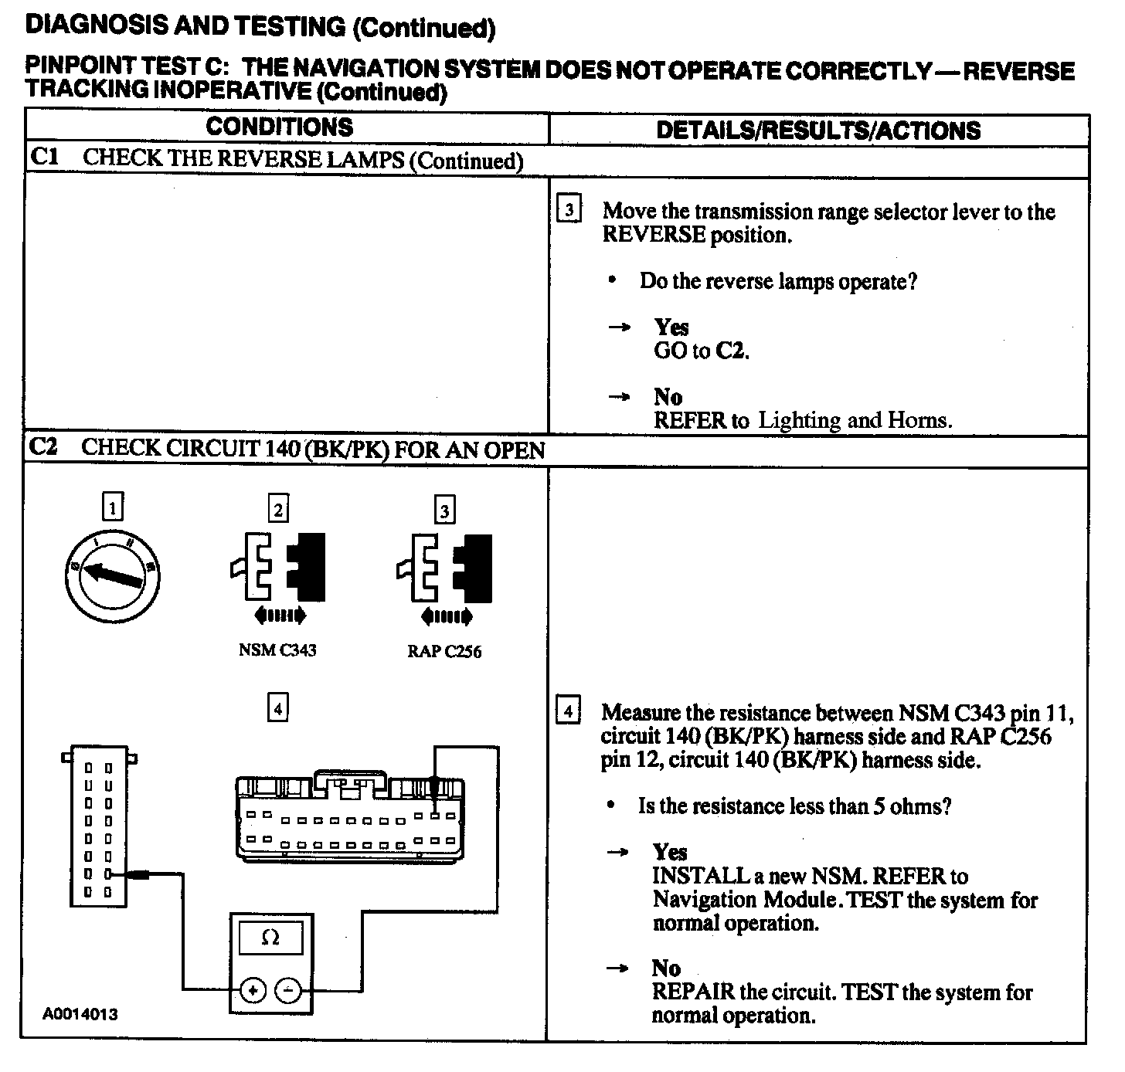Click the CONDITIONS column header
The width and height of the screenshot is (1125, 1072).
click(x=279, y=127)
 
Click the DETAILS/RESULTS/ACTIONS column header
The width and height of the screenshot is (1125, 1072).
click(x=817, y=130)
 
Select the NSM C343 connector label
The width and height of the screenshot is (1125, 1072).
click(x=277, y=650)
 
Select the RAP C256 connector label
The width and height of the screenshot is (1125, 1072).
click(x=444, y=652)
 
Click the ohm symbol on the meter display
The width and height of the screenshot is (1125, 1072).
click(x=270, y=938)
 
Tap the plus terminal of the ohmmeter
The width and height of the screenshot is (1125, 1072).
click(x=253, y=989)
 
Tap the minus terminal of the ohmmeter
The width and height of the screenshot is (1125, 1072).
click(x=288, y=989)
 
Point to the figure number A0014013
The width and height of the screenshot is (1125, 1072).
click(x=80, y=1014)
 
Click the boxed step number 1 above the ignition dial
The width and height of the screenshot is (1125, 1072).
click(x=113, y=507)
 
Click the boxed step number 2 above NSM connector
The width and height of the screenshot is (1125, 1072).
click(x=278, y=509)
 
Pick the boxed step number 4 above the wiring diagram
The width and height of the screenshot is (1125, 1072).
click(x=277, y=707)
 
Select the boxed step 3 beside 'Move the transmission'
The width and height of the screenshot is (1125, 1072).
click(x=569, y=210)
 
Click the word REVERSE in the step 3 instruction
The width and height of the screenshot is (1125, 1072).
click(x=654, y=235)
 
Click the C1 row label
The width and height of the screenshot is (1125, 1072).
click(x=45, y=158)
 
